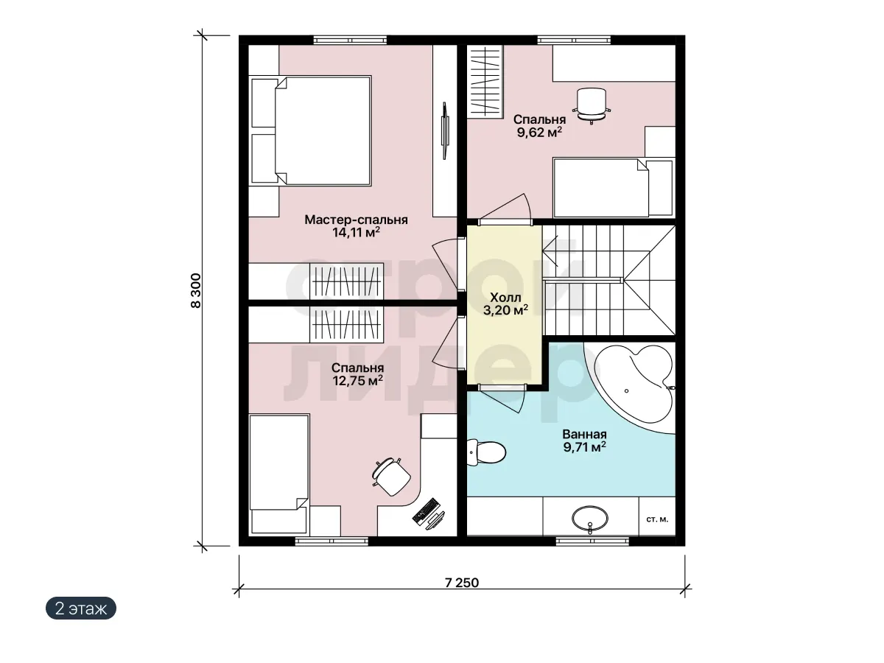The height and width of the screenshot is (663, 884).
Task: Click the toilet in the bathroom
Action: click(485, 452)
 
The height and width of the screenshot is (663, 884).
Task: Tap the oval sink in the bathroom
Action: click(589, 519)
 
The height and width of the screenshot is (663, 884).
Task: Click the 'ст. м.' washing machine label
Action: click(657, 519)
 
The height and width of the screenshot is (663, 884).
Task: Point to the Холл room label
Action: click(505, 298)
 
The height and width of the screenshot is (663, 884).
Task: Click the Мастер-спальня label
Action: click(356, 220)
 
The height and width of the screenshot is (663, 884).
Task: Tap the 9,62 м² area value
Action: click(539, 132)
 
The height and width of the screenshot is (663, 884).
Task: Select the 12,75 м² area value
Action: click(357, 380)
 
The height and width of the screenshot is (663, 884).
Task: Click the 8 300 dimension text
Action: click(196, 291)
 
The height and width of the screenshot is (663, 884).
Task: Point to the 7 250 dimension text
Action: click(462, 583)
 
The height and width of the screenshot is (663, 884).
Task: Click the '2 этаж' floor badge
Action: click(81, 608)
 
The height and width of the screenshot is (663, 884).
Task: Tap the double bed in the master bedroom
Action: click(309, 131)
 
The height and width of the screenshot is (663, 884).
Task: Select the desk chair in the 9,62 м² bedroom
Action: click(592, 105)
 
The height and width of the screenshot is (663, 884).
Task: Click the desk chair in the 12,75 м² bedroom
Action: click(390, 477)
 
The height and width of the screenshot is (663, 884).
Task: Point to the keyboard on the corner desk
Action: click(426, 511)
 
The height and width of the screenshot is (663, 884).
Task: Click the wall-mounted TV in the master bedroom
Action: click(445, 131)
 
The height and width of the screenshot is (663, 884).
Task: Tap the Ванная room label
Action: click(584, 435)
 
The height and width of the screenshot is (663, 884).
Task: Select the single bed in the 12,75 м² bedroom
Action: click(279, 475)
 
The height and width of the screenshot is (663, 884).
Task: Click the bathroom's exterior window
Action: click(592, 541)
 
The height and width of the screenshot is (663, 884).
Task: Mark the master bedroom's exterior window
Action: click(350, 41)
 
